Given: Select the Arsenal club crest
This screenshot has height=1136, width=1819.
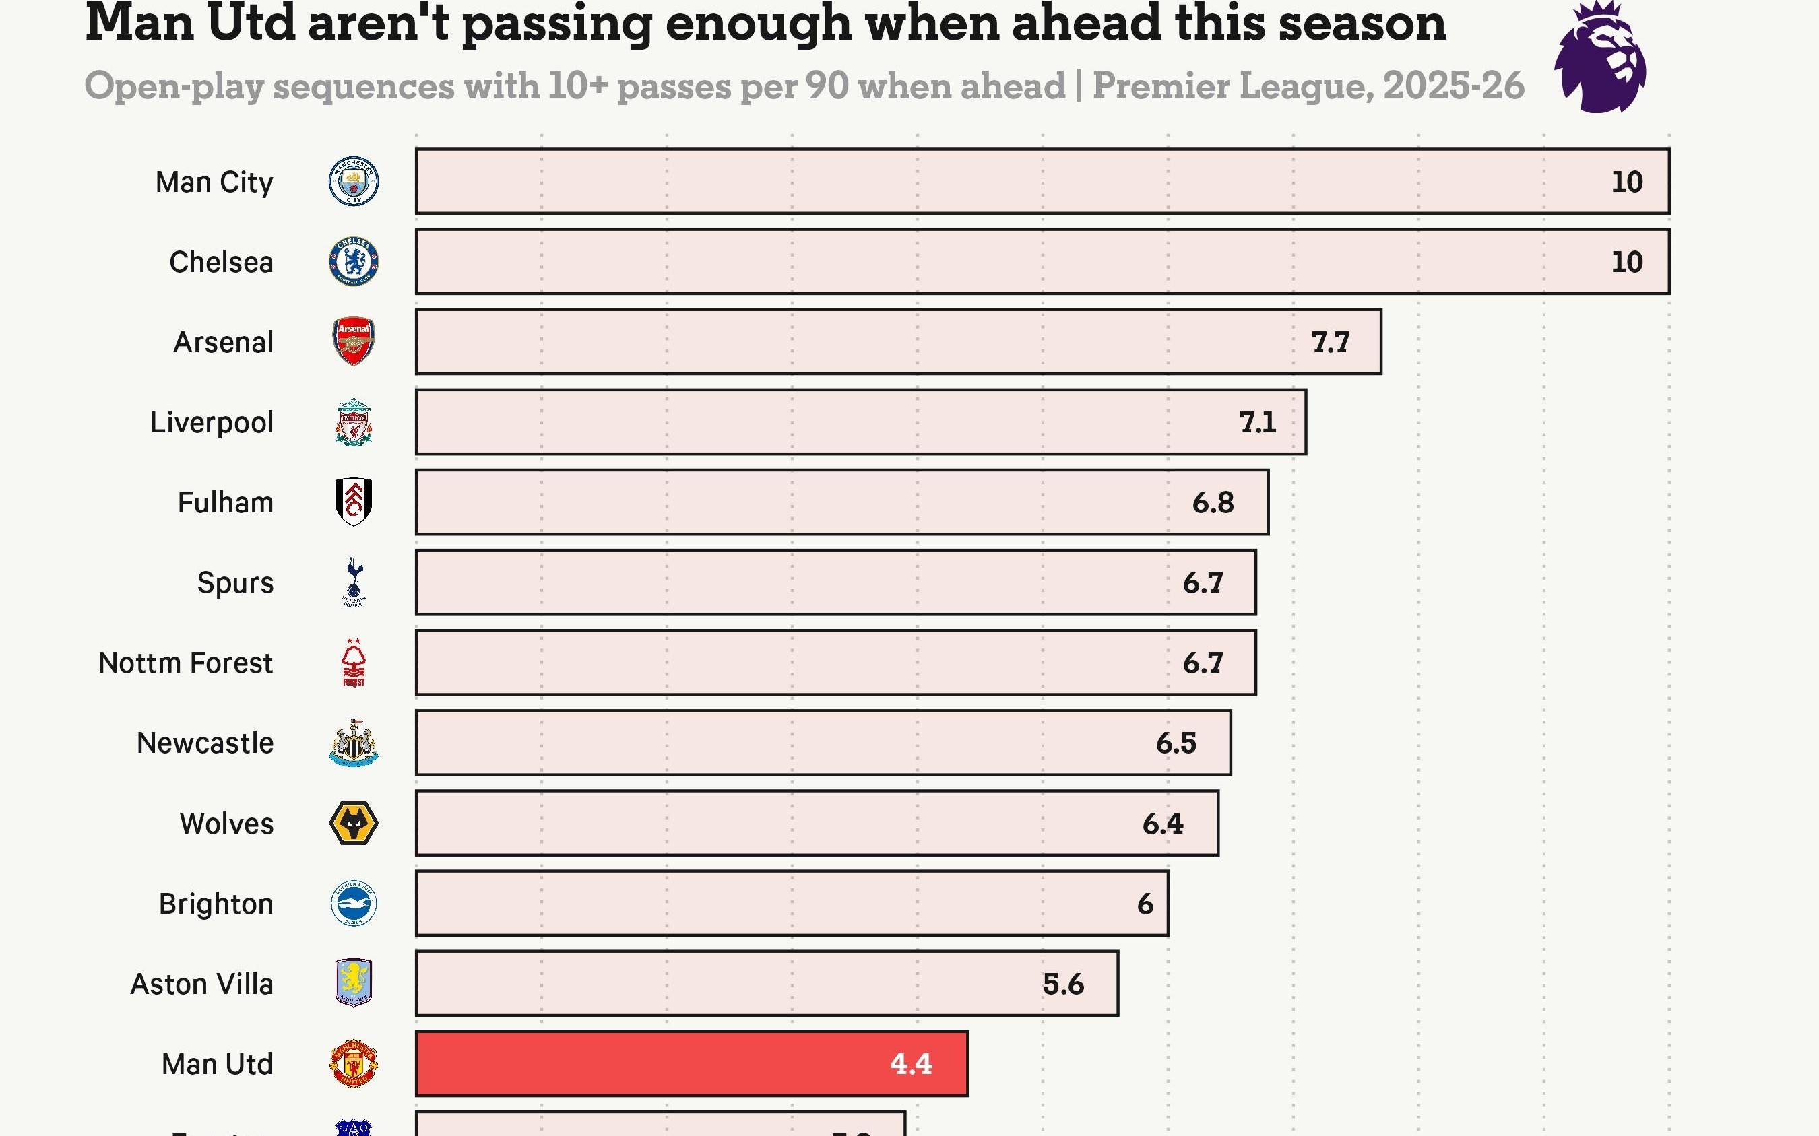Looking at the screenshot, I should point(353,342).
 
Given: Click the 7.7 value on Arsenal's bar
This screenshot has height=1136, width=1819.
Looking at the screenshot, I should point(1330,342).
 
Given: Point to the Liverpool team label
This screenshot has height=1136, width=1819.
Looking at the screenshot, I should point(212,422).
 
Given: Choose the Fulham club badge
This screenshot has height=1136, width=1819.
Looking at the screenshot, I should point(353,502).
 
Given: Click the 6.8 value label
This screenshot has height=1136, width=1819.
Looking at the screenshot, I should point(1213,502).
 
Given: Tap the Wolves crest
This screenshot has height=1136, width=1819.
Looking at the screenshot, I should point(353,824).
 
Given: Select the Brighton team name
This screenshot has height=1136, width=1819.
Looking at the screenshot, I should point(216,904).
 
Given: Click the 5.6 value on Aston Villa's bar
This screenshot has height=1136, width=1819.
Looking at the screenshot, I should point(1063,984).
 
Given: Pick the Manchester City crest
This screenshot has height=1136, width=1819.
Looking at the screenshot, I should point(353,181).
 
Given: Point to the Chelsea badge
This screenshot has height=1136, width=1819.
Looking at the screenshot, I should point(353,261).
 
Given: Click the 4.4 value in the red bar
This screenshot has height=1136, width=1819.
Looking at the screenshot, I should point(911,1064).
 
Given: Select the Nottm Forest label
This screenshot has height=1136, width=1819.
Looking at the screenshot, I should point(186,663).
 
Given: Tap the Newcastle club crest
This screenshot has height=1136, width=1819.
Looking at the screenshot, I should point(353,743).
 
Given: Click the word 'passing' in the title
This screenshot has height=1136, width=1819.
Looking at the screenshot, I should point(557,24).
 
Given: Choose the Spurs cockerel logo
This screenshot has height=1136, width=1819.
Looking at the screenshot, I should point(353,582).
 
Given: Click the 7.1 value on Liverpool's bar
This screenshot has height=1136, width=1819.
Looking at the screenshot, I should point(1258,422).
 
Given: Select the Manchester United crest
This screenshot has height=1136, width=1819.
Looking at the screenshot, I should point(353,1064).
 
